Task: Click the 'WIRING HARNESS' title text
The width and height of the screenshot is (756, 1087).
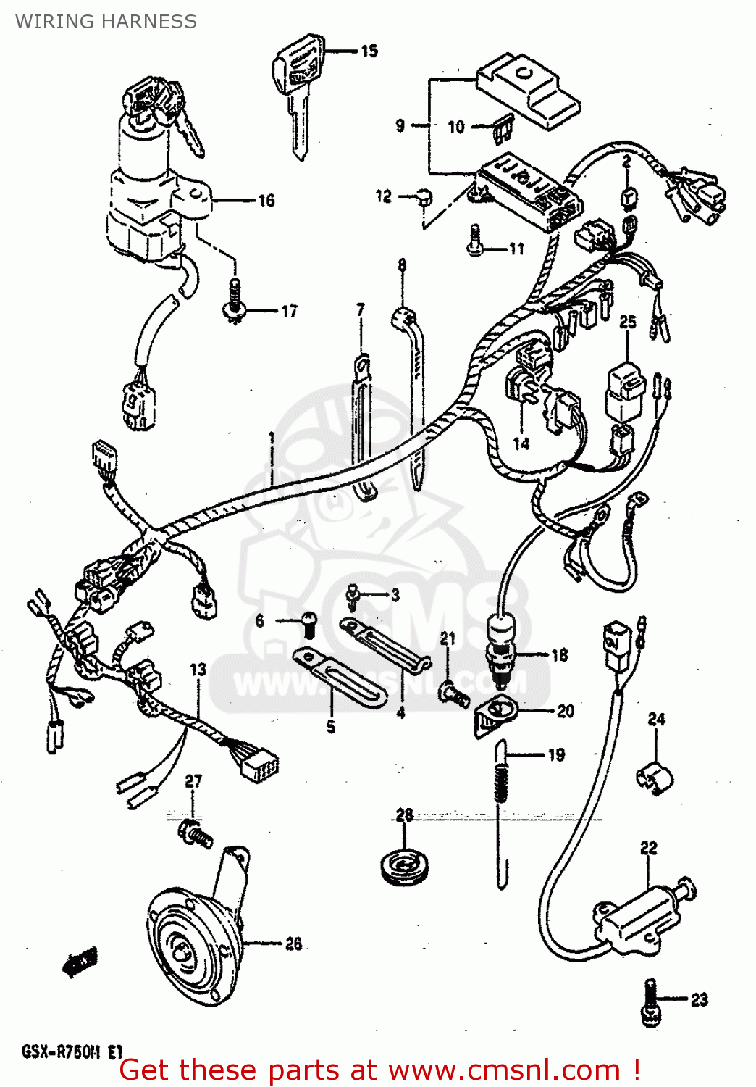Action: [x=106, y=22]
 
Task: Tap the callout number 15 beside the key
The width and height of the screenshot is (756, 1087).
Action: [x=369, y=51]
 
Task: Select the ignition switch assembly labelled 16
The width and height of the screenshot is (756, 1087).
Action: [x=148, y=196]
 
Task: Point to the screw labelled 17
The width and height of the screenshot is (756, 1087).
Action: [x=233, y=301]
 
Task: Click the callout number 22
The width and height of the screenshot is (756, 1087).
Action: [x=648, y=847]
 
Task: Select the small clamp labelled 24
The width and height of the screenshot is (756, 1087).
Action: [x=654, y=778]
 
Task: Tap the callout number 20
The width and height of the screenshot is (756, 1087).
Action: [x=566, y=711]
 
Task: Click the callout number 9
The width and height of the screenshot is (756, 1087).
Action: [x=400, y=125]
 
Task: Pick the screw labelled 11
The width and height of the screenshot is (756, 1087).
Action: [x=475, y=241]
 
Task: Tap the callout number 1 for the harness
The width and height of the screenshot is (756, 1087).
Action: [x=272, y=438]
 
